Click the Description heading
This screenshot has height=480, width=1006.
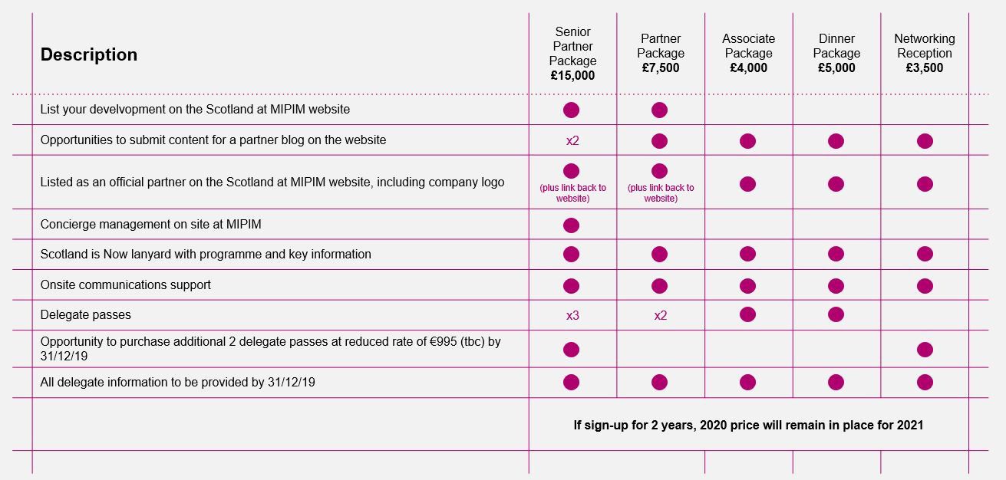[89, 54]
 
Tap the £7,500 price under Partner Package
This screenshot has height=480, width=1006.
[660, 67]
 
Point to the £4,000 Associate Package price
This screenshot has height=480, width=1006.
[748, 67]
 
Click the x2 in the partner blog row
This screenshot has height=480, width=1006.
[572, 141]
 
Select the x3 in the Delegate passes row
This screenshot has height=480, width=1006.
[572, 315]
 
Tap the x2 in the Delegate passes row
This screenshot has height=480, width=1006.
[660, 315]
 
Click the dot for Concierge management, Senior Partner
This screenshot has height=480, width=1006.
[571, 225]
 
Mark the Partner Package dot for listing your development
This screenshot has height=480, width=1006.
[659, 110]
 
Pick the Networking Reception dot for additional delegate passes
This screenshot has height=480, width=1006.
[925, 350]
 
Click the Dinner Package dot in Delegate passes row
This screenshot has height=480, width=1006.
[836, 314]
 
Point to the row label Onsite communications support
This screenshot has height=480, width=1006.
[126, 284]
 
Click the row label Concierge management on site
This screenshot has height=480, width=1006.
[151, 224]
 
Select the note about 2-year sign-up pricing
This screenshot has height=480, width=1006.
[748, 425]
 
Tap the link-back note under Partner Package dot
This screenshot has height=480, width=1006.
[660, 193]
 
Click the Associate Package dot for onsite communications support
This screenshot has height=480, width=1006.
[747, 286]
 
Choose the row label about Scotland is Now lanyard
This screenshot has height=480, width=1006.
[206, 254]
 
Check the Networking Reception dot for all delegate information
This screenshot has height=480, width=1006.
[925, 382]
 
